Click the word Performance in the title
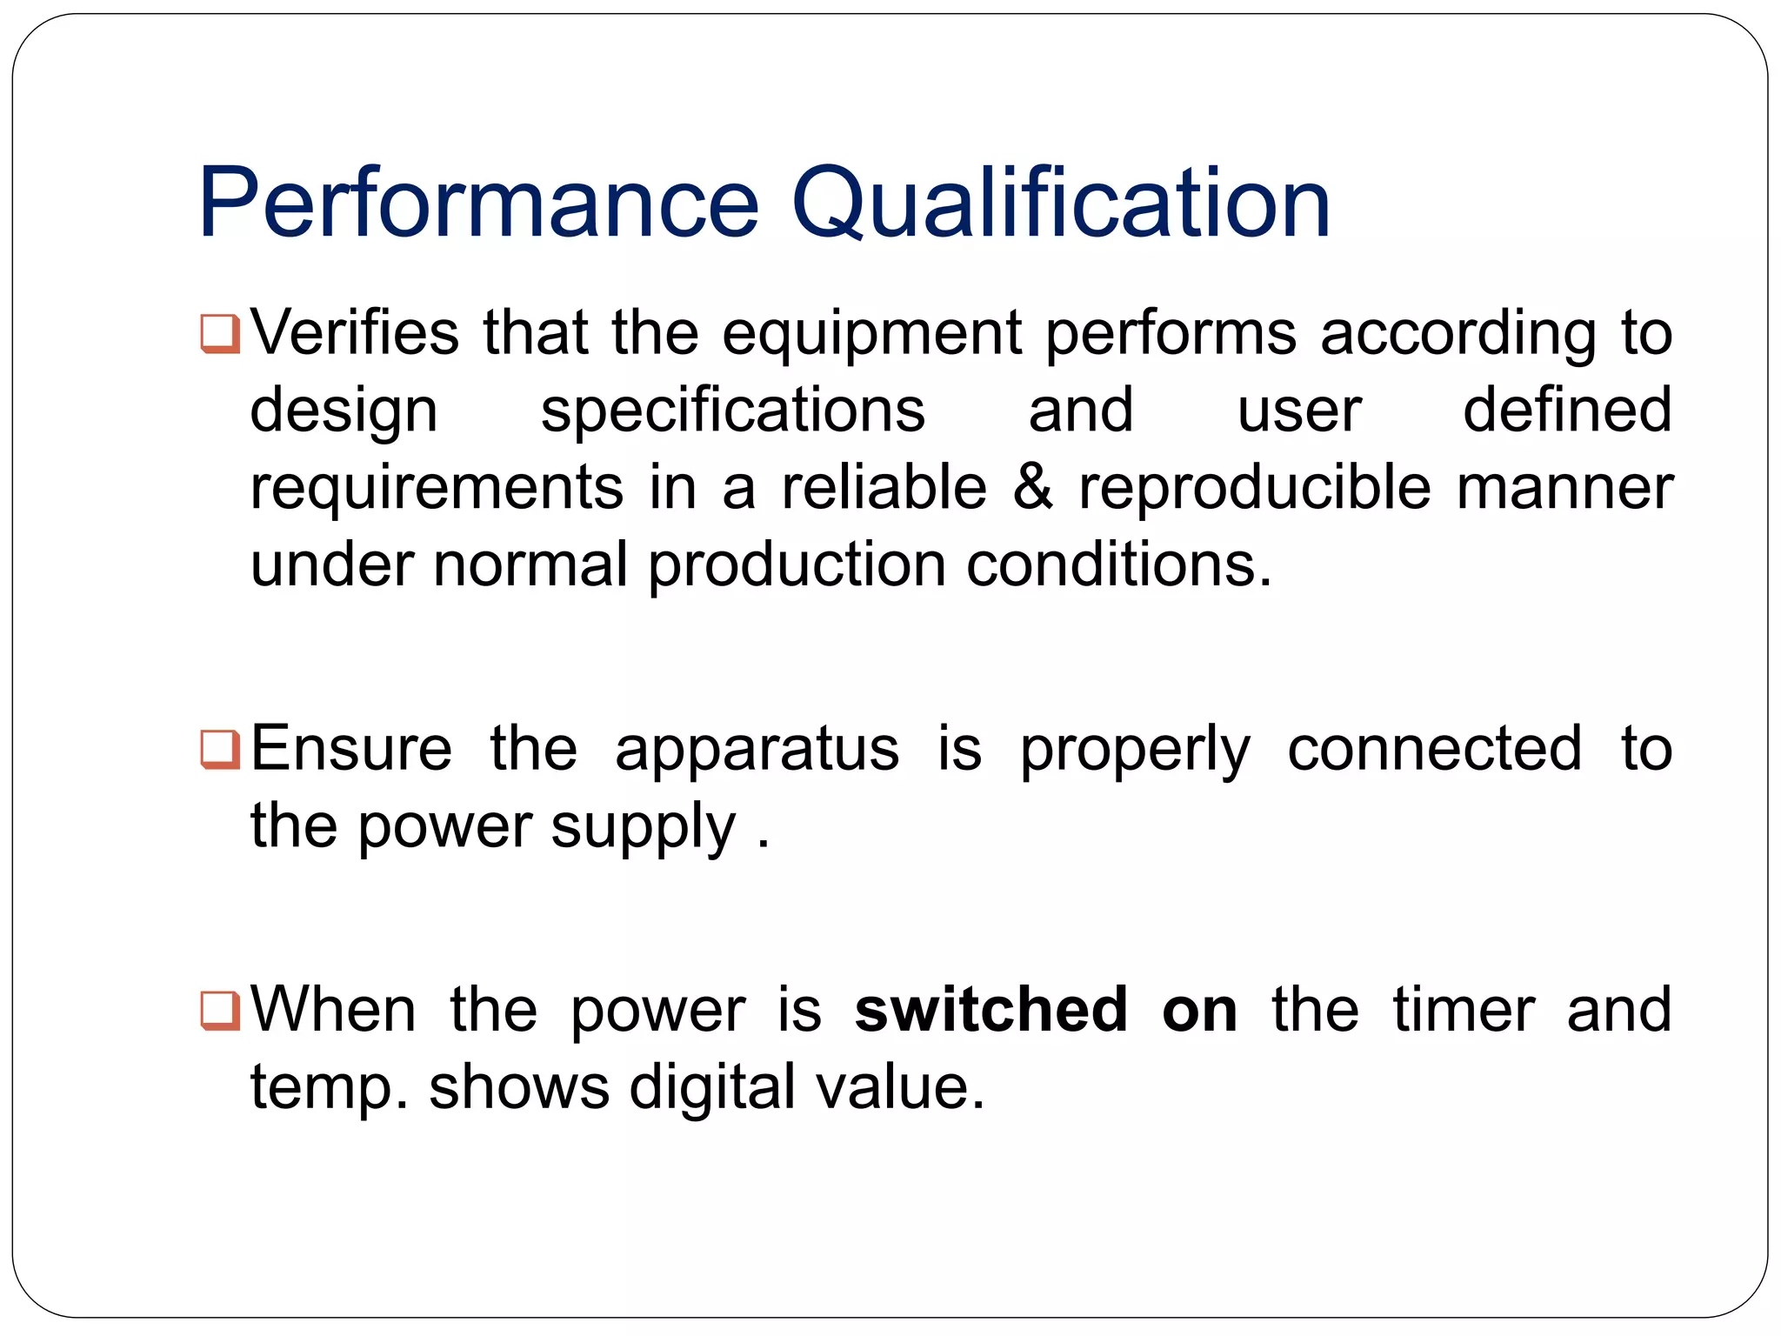coord(479,204)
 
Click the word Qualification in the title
coord(1061,204)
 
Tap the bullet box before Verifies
coord(219,333)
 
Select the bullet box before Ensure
coord(219,749)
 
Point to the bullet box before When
coord(219,1010)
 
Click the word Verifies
coord(355,333)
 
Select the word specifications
coord(733,411)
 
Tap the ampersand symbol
coord(1032,487)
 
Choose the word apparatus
coord(757,750)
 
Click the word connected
coord(1434,749)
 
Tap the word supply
coord(643,828)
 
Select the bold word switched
coord(991,1010)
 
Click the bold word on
coord(1199,1012)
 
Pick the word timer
coord(1464,1010)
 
